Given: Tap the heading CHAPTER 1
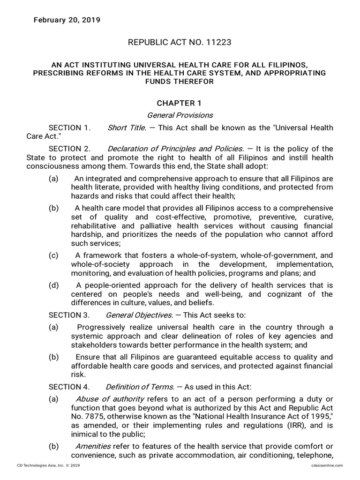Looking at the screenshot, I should (180, 103).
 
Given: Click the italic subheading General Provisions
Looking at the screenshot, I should (180, 115).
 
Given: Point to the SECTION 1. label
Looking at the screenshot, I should (69, 127).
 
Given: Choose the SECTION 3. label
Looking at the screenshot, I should (69, 315).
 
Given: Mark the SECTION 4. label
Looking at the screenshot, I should (69, 387).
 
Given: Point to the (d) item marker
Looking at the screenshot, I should (53, 285).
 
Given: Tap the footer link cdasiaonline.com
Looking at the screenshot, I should (326, 465).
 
